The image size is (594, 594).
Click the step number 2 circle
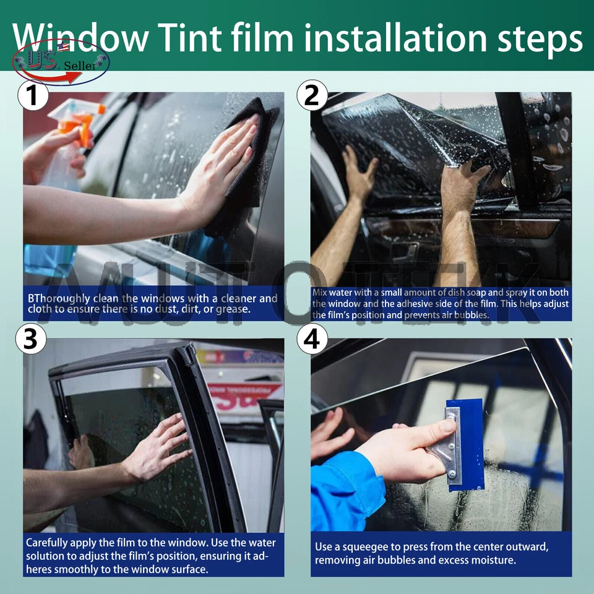(312, 96)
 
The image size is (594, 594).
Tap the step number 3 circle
(32, 338)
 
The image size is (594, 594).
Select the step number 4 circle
(312, 338)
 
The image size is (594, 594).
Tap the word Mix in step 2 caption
(320, 293)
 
